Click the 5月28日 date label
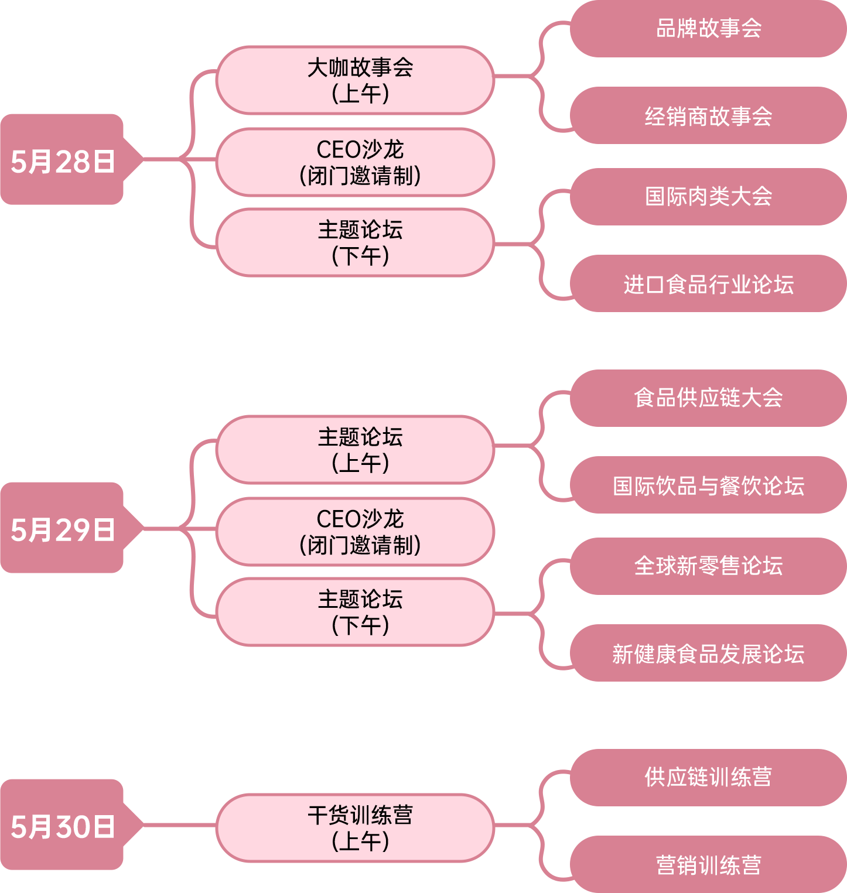pos(63,160)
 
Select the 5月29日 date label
pos(63,528)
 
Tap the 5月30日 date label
pos(63,825)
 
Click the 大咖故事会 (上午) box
pos(355,80)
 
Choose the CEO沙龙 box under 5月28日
pos(355,162)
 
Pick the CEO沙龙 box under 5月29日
pos(355,532)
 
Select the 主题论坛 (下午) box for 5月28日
pos(355,242)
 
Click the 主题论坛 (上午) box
pos(355,450)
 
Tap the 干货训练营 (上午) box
pos(355,827)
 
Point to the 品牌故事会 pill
pos(708,29)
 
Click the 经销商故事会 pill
pos(708,116)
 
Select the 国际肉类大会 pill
pos(708,197)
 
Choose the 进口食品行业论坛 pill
pos(708,284)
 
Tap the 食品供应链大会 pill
pos(708,398)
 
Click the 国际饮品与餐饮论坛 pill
pos(708,485)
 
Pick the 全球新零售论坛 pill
pos(708,566)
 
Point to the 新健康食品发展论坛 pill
pos(708,654)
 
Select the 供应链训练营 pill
pos(708,778)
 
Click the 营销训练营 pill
pos(708,865)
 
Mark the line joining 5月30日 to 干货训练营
pos(179,825)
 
